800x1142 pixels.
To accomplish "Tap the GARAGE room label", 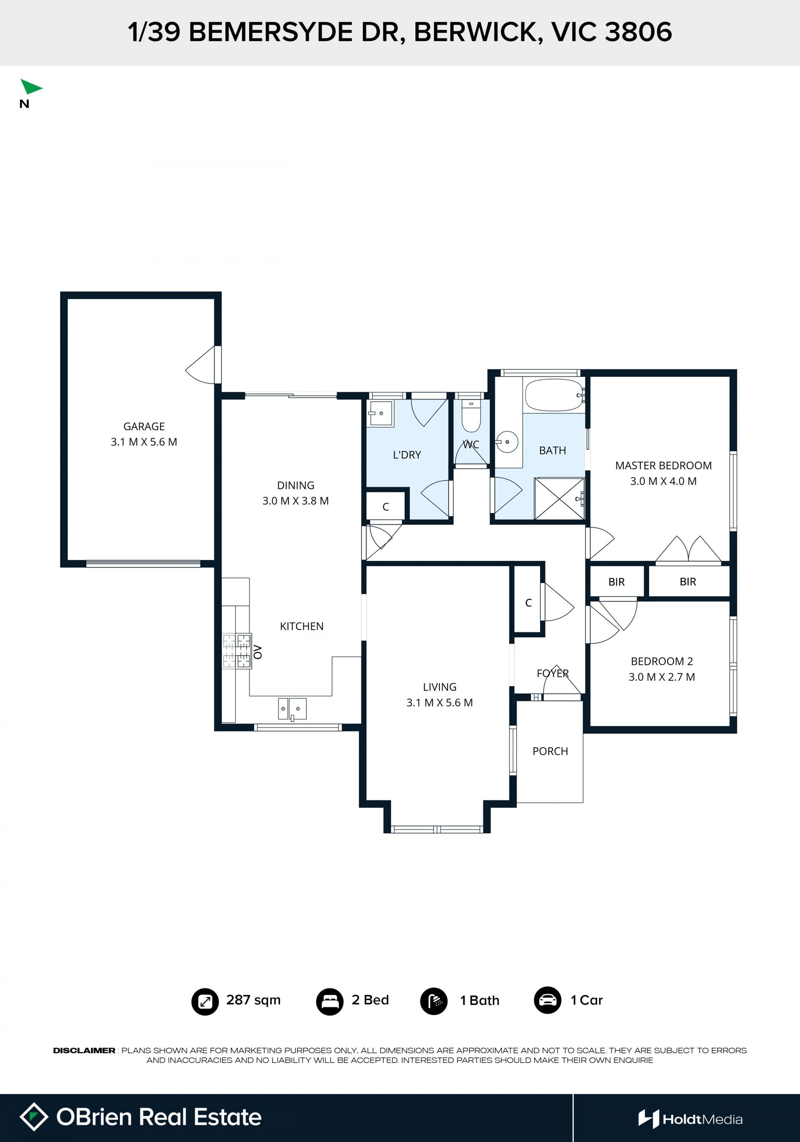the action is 144,426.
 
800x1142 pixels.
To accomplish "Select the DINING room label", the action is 295,485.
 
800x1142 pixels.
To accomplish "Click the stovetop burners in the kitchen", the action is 236,651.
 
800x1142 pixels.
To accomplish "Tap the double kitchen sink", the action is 292,709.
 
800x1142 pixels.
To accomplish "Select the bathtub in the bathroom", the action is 555,395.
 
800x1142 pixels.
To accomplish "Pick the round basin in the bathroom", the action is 507,441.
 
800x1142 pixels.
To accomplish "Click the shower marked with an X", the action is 559,499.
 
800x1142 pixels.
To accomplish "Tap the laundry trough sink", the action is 380,413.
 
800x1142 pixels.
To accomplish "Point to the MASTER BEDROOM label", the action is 663,465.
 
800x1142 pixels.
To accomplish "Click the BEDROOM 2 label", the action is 662,661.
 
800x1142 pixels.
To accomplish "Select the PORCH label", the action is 550,751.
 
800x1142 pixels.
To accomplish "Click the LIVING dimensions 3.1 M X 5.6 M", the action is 439,702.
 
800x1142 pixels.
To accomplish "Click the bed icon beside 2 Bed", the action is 329,1001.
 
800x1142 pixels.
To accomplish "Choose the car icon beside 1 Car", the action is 547,1000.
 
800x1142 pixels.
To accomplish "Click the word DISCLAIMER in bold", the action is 84,1050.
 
